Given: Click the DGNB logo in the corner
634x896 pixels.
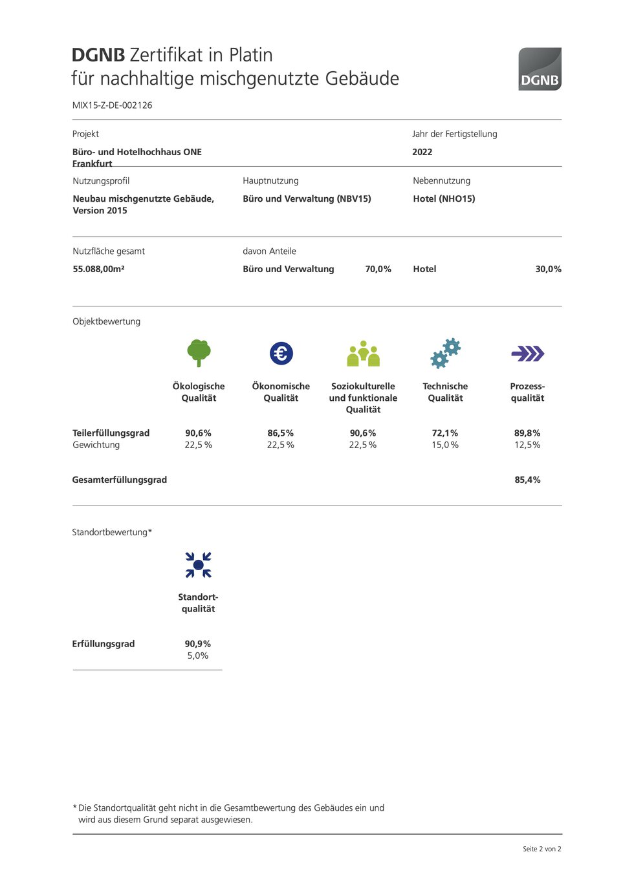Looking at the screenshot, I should [x=540, y=69].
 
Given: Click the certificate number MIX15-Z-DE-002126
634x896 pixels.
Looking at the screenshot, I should [x=113, y=105].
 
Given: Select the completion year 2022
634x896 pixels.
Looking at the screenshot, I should [x=422, y=152].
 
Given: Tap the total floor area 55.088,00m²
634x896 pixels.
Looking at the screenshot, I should [x=98, y=269].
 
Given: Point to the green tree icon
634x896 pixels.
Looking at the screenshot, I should [x=199, y=352].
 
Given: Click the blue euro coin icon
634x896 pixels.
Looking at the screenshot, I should [x=281, y=353].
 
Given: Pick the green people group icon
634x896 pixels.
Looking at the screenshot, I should [x=363, y=354].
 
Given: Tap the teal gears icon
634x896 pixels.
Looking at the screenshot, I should [x=445, y=353].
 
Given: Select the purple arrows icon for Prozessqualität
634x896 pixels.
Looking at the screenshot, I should [x=527, y=353].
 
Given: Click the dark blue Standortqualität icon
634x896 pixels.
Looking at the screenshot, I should [x=198, y=564].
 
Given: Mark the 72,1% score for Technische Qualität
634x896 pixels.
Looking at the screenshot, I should [x=445, y=433].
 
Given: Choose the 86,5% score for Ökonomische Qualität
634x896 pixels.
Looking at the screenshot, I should [x=281, y=433].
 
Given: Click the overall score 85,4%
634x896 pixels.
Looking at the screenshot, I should [x=527, y=480].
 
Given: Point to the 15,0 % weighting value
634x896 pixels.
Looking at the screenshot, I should [x=445, y=445].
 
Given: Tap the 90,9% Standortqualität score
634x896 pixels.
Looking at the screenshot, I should [x=198, y=644].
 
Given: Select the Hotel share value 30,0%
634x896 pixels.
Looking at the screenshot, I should [x=548, y=269].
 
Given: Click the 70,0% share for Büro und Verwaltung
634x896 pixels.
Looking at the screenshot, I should [x=378, y=269].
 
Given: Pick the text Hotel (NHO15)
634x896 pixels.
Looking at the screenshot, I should [x=444, y=198].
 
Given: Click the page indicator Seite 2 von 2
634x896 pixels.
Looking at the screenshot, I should [x=541, y=849].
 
